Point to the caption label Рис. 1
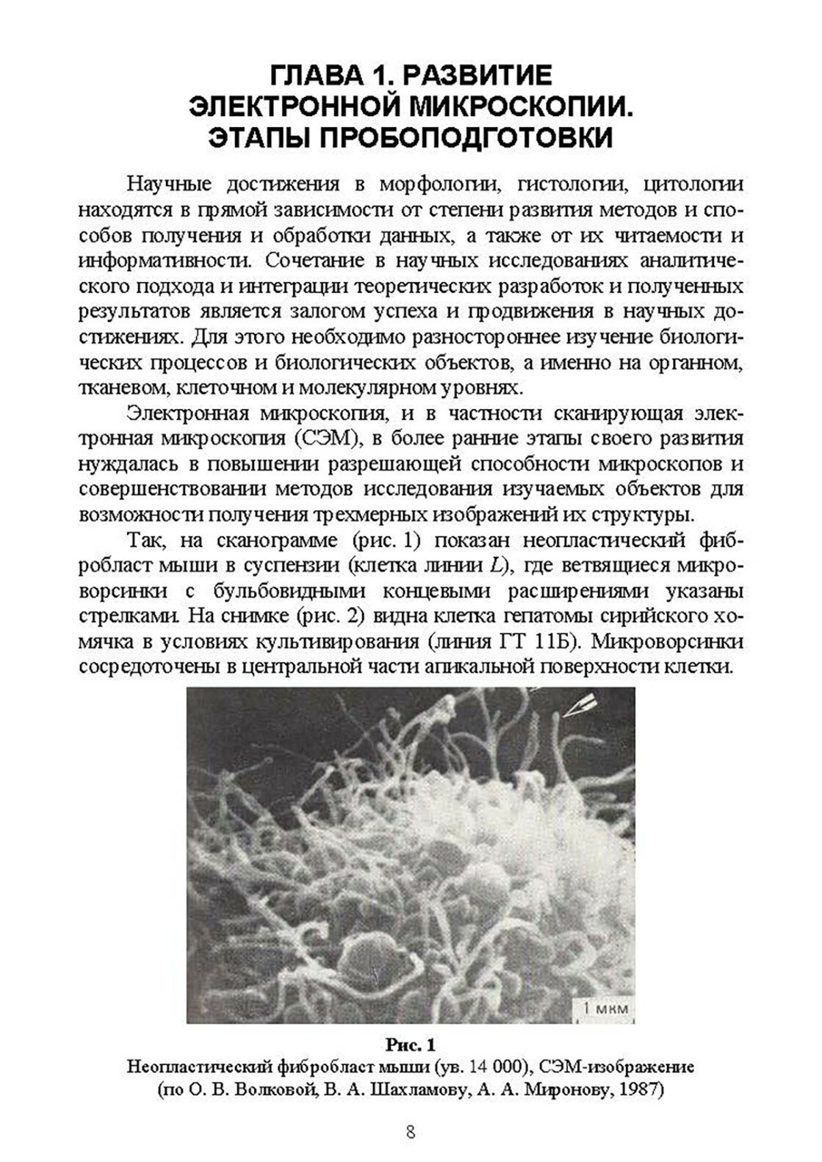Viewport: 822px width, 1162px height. pos(411,1043)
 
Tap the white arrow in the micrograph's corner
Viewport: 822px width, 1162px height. pos(580,707)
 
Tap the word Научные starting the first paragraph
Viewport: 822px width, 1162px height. pos(170,184)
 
